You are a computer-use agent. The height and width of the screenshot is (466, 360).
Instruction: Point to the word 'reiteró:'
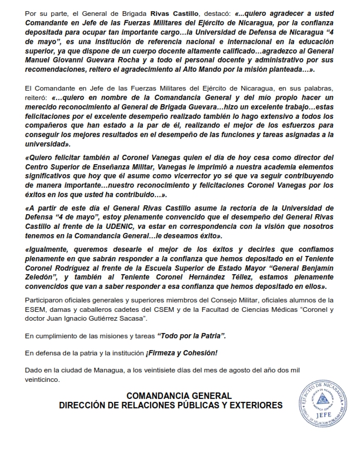[39, 98]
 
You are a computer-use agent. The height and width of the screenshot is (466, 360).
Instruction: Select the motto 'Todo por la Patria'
[191, 335]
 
